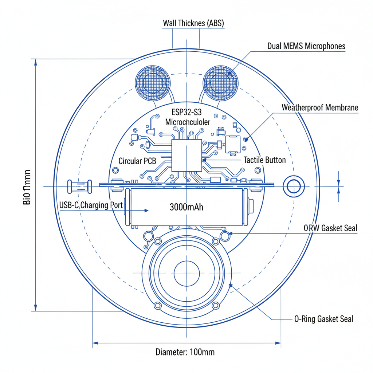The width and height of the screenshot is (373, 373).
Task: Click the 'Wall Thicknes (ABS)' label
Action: click(193, 24)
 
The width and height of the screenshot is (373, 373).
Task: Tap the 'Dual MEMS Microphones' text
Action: click(306, 46)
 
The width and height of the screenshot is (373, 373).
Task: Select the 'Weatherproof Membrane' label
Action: click(320, 108)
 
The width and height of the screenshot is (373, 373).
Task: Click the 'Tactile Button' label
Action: click(264, 160)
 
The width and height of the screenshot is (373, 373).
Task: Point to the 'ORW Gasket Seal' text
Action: click(330, 228)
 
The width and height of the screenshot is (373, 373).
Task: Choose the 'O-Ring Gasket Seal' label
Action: click(323, 319)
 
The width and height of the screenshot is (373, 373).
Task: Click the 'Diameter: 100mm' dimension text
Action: click(185, 352)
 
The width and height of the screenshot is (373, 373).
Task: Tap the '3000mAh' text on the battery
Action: click(186, 207)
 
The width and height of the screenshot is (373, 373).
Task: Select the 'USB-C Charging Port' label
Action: click(91, 205)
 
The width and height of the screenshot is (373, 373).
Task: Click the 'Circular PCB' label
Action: click(137, 161)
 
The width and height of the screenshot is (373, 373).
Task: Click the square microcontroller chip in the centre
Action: click(186, 155)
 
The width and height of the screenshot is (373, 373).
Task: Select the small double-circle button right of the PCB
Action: click(294, 186)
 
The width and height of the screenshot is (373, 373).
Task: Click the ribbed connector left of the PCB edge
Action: click(79, 186)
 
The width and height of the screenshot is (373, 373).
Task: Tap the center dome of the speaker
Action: click(186, 273)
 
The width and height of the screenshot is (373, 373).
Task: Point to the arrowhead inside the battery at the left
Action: click(146, 211)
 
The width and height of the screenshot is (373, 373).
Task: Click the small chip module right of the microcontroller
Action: click(233, 144)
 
